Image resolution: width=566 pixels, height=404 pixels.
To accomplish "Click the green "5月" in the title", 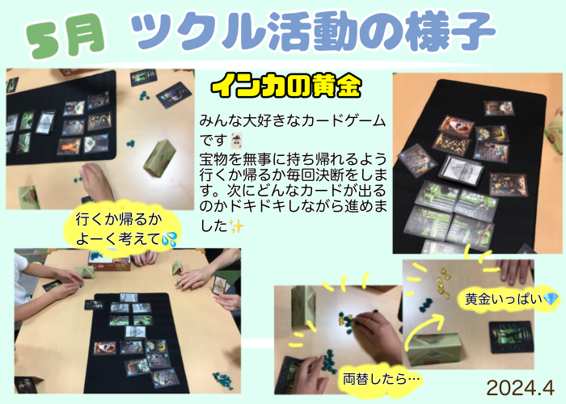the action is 65,36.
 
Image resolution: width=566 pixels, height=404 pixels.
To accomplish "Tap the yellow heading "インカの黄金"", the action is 286,86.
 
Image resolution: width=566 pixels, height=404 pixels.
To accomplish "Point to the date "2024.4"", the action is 520,388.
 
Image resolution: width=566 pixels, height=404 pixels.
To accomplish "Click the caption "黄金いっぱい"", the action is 504,299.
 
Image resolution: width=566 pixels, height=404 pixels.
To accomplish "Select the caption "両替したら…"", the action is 381,379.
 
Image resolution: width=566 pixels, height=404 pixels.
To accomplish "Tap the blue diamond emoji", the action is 551,299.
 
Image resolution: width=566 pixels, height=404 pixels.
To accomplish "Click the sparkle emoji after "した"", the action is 236,226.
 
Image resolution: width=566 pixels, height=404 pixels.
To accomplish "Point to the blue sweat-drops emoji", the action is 169,239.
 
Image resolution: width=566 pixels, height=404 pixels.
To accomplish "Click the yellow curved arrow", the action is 422,330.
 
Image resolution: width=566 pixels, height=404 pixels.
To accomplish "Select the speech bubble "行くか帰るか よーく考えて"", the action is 122,228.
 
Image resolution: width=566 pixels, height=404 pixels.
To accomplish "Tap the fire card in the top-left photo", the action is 70,146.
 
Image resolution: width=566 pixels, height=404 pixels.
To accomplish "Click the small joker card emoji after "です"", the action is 236,140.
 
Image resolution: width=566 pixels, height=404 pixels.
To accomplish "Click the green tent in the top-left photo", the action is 159,158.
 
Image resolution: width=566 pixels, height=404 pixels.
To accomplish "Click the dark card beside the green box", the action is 511,337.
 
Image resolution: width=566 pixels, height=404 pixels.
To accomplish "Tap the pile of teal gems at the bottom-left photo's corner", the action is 222,380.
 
